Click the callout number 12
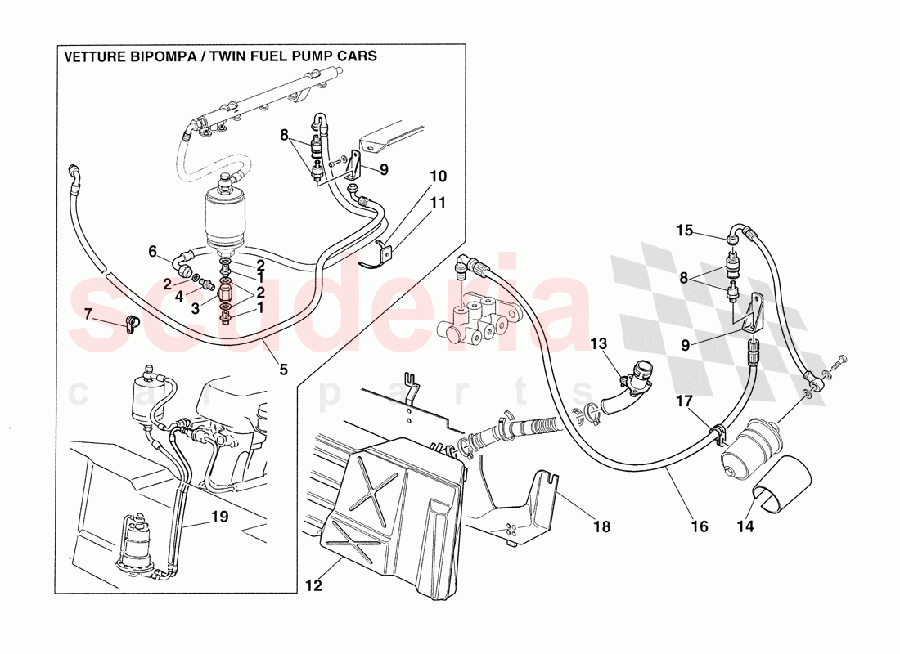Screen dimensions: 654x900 click(x=314, y=585)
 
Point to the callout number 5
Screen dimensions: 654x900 click(x=283, y=370)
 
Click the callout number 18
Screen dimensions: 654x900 click(x=601, y=527)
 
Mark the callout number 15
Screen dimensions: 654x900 click(x=684, y=231)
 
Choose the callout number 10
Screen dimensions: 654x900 click(x=439, y=177)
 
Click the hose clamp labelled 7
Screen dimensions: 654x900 click(x=130, y=325)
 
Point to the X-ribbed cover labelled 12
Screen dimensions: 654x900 click(x=393, y=507)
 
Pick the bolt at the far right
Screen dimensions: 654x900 click(x=841, y=361)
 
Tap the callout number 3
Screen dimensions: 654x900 click(x=195, y=309)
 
